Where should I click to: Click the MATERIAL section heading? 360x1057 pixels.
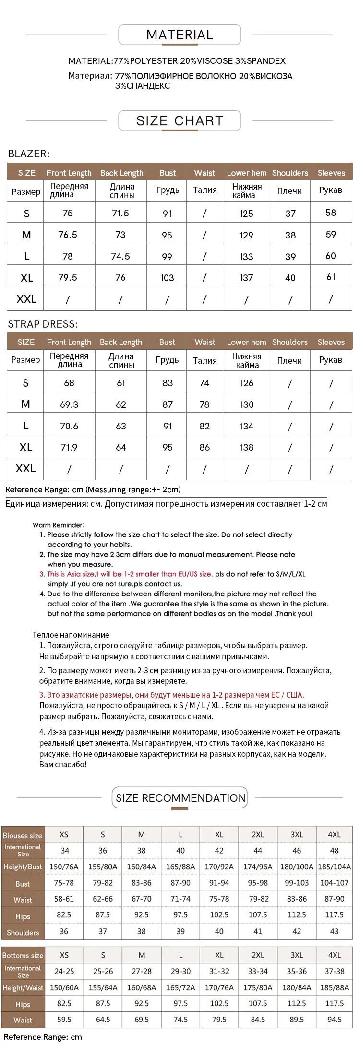(x=180, y=35)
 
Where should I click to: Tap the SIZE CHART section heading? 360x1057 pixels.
(x=180, y=120)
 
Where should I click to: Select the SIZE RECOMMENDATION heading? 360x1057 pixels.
(x=180, y=798)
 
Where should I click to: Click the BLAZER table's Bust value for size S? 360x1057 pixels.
(x=167, y=214)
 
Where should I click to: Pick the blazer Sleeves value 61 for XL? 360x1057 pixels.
(x=331, y=277)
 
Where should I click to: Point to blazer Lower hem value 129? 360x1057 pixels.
(x=246, y=235)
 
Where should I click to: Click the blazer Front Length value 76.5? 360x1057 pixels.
(x=68, y=235)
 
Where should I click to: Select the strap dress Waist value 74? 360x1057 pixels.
(x=204, y=383)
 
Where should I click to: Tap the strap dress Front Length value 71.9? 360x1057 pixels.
(x=69, y=447)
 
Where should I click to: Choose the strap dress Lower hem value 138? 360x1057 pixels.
(x=247, y=447)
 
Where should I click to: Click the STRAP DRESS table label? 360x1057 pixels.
(x=42, y=324)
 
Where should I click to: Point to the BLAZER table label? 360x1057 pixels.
(x=29, y=154)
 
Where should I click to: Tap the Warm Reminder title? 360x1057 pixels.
(x=59, y=525)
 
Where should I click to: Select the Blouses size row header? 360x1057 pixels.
(x=23, y=835)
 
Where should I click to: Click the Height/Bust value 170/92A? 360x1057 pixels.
(x=219, y=867)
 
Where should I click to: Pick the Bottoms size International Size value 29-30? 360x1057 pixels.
(x=180, y=971)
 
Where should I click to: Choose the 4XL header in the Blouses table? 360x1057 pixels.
(x=334, y=835)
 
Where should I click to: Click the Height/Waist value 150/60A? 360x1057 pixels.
(x=64, y=988)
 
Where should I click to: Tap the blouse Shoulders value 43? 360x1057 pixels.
(x=334, y=931)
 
